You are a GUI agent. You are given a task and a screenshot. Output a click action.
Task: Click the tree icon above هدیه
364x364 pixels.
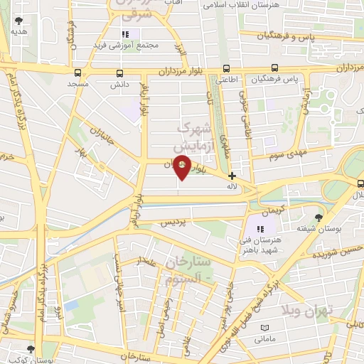click(x=18, y=21)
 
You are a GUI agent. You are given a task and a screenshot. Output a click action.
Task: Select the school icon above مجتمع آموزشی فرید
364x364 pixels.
click(x=125, y=34)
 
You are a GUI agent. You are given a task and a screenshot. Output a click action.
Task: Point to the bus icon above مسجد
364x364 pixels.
click(x=77, y=73)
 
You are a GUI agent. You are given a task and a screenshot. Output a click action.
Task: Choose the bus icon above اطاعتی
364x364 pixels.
click(x=226, y=69)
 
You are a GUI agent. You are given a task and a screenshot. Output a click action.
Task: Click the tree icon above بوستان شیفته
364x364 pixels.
click(x=318, y=218)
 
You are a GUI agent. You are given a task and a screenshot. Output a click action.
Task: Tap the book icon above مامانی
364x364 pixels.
click(x=265, y=326)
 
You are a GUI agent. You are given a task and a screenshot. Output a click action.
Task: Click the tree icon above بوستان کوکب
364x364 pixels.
click(x=30, y=348)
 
